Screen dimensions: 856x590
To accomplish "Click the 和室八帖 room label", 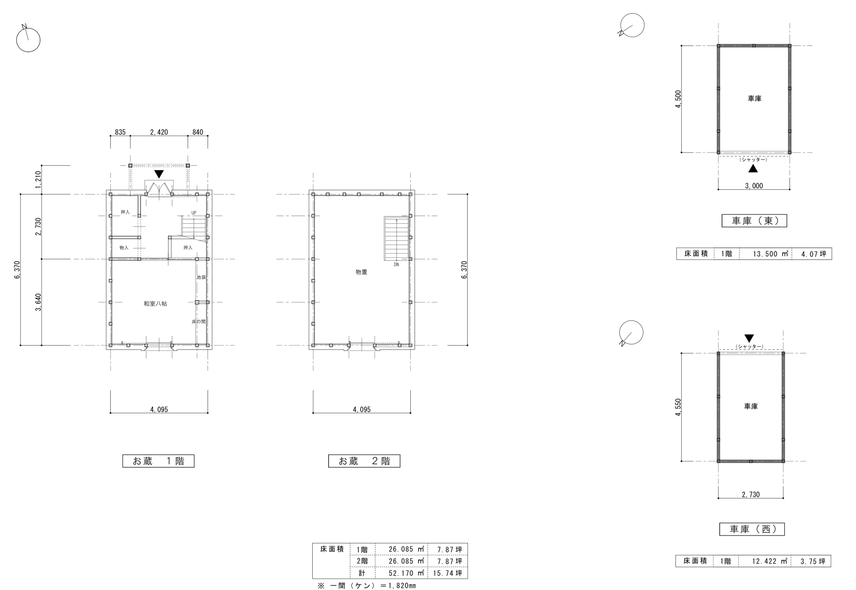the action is [155, 303].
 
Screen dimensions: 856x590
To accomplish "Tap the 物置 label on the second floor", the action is [361, 272].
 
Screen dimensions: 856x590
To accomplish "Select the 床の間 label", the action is [198, 322].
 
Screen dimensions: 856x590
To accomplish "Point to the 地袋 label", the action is [201, 277].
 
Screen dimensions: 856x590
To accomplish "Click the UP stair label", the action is [194, 213].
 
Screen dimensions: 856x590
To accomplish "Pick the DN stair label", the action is [396, 265].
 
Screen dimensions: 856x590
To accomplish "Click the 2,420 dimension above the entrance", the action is [159, 132].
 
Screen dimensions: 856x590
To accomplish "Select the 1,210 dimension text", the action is [38, 180].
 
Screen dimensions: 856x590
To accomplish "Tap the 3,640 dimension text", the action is [38, 302].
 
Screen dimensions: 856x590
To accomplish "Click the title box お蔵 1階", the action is [158, 461].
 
